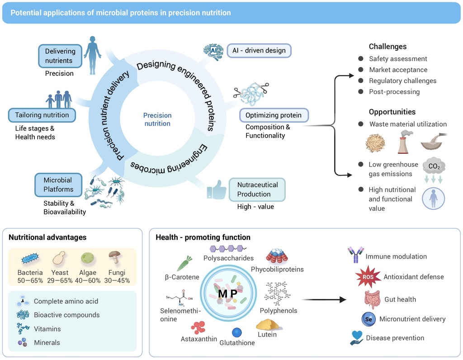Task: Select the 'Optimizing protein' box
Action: (x=274, y=115)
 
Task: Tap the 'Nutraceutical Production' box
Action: (x=257, y=189)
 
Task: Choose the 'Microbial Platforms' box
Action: (x=58, y=185)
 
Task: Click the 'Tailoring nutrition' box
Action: (x=42, y=115)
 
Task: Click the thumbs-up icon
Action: (x=216, y=190)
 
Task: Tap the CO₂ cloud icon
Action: (x=433, y=166)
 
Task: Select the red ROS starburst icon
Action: (x=366, y=277)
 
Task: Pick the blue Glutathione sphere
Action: (x=237, y=332)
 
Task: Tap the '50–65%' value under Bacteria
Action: (x=30, y=280)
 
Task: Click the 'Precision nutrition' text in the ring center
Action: (x=157, y=119)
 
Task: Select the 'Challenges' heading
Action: (x=387, y=47)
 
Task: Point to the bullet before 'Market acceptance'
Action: (x=360, y=70)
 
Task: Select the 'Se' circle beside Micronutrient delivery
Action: (x=368, y=319)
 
